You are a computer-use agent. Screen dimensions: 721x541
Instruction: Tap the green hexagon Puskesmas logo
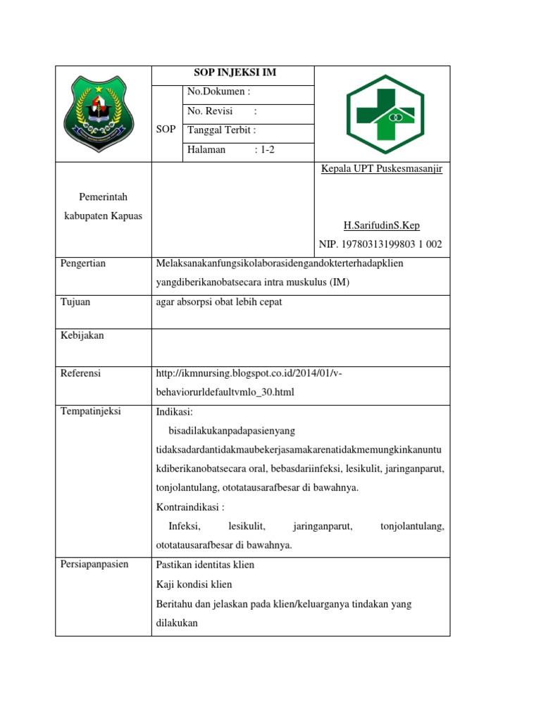click(382, 114)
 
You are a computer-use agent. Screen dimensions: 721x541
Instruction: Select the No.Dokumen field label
click(218, 92)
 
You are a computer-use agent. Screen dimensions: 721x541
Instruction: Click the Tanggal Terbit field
click(221, 130)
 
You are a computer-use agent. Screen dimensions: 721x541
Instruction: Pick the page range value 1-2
click(265, 150)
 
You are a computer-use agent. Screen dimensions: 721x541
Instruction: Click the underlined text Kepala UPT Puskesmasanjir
click(381, 169)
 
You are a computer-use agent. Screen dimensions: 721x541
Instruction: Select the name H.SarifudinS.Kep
click(381, 225)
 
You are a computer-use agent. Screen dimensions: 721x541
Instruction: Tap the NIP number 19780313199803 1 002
click(380, 244)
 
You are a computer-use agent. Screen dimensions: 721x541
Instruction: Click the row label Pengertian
click(82, 263)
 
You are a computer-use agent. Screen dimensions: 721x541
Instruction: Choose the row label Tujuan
click(75, 302)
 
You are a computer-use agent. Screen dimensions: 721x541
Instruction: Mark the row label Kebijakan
click(82, 336)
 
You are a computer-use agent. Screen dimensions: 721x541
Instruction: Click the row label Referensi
click(81, 373)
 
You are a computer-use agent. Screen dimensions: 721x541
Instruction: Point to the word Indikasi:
click(174, 411)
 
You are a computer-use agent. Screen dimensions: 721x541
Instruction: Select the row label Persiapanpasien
click(94, 565)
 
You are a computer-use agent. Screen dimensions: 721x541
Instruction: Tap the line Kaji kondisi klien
click(194, 584)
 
